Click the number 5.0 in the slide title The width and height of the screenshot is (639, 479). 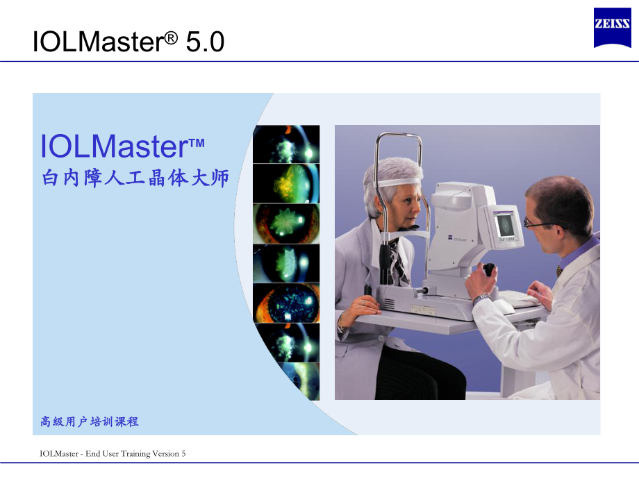pos(204,42)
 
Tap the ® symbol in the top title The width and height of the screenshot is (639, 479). pos(170,35)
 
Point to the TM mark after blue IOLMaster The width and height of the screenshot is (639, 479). pos(196,142)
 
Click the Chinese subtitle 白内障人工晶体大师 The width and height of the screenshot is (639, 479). pos(135,178)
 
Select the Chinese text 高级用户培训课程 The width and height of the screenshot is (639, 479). pos(90,421)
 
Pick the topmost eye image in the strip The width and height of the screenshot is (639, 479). pos(286,144)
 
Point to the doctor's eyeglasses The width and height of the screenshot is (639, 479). pos(538,224)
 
